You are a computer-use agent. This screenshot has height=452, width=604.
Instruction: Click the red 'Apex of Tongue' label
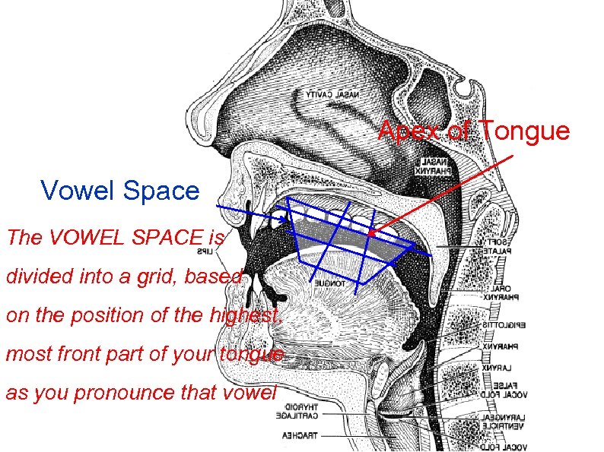tap(474, 131)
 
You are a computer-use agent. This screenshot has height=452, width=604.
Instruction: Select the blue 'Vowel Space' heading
tap(119, 190)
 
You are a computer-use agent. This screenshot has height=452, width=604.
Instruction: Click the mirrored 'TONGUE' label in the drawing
tap(329, 283)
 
